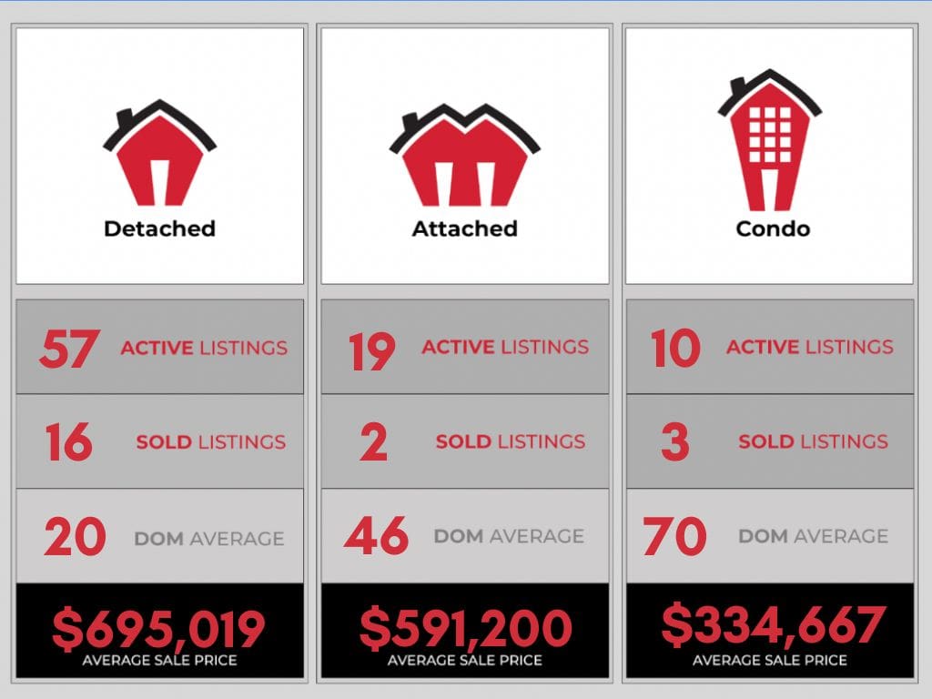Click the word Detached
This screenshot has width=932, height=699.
[x=159, y=228]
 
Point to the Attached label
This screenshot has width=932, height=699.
[x=464, y=228]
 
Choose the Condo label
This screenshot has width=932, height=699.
[x=772, y=228]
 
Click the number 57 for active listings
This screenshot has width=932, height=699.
[x=68, y=349]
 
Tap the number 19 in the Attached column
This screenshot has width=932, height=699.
[x=372, y=351]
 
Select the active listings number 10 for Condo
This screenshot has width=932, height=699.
[x=675, y=349]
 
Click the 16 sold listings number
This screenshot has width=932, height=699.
[x=68, y=443]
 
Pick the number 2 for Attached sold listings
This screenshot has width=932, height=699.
[x=373, y=443]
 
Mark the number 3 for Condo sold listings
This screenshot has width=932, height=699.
[x=674, y=443]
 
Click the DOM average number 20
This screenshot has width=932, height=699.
[x=75, y=538]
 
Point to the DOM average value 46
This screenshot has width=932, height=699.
[x=377, y=537]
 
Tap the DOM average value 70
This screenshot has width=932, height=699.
[x=674, y=537]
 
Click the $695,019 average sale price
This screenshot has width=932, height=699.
[x=158, y=628]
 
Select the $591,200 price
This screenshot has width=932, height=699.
[x=465, y=628]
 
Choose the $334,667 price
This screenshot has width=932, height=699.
[x=773, y=623]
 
